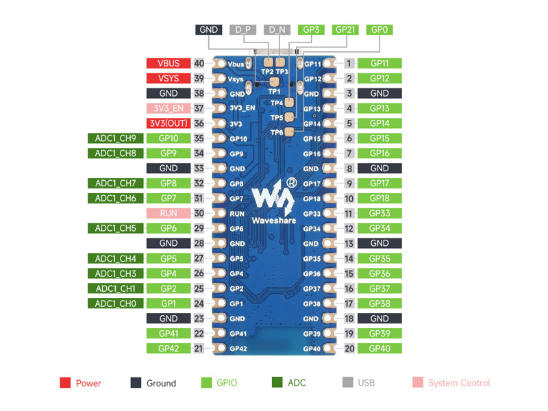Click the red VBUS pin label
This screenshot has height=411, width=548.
point(169,63)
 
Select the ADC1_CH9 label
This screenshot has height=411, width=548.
point(115,138)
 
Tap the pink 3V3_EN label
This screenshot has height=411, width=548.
point(169,108)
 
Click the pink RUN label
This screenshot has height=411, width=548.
point(169,213)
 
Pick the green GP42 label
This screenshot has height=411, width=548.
point(169,349)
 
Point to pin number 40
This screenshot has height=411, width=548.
point(199,63)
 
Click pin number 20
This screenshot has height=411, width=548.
point(349,349)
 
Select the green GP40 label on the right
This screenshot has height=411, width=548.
point(379,349)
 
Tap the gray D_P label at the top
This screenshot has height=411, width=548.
point(243,29)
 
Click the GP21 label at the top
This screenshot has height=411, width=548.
point(345,29)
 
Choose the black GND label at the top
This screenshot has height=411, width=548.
point(209,29)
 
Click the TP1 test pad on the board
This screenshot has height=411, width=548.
point(275,82)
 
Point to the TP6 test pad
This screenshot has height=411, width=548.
point(289,132)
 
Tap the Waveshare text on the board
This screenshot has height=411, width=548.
point(274,221)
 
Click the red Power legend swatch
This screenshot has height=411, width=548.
point(65,383)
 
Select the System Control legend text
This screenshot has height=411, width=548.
point(459,383)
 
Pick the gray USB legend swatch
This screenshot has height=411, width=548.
point(348,382)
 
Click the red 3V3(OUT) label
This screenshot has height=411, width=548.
point(169,123)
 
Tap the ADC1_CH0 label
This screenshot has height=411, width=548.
point(115,303)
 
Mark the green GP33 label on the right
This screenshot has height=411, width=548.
point(379,213)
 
